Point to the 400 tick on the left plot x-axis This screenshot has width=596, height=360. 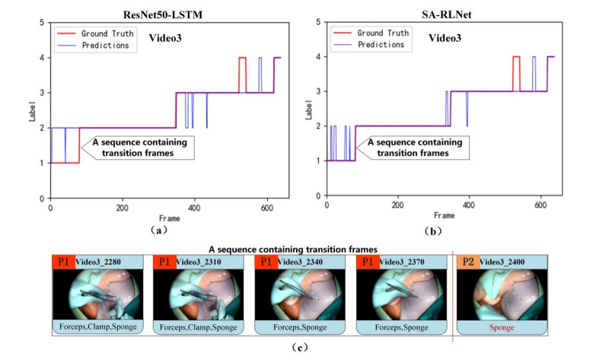pos(196,206)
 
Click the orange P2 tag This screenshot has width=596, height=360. pos(467,262)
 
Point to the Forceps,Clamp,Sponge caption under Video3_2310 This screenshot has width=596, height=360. pos(198,329)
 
